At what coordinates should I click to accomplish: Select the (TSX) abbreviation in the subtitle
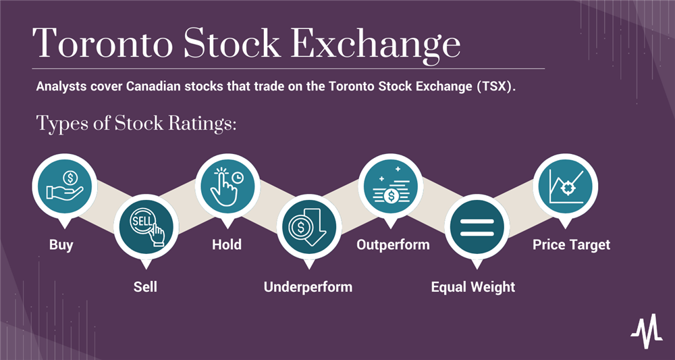[495, 88]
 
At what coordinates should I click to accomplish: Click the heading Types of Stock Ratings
[136, 124]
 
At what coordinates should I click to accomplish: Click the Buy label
[61, 245]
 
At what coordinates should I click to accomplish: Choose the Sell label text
[145, 286]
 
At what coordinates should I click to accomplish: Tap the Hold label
[227, 245]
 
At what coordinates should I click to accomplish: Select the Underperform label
[308, 286]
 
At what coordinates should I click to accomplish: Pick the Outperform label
[393, 245]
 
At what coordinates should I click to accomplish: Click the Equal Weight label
[473, 287]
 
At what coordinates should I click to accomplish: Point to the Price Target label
[571, 245]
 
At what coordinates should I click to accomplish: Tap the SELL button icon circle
[146, 227]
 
